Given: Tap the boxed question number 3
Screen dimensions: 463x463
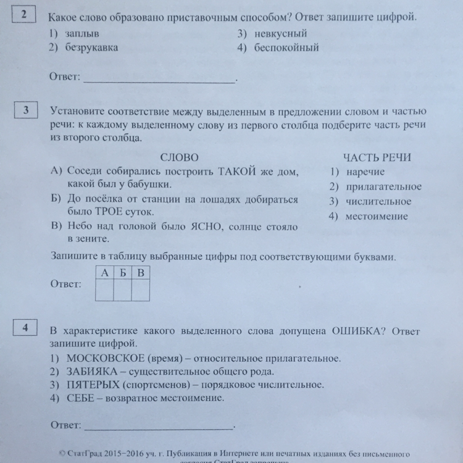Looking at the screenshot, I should tap(26, 112).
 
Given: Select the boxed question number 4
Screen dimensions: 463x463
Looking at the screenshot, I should tap(26, 328).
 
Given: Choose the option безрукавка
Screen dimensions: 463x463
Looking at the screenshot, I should tap(92, 47).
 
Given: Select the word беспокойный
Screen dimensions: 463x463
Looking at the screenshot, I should tap(286, 48).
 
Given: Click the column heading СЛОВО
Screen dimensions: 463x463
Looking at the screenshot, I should tap(179, 157).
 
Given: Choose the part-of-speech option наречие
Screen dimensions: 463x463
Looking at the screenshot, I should tap(365, 172).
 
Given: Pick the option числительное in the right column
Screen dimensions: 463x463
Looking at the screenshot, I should tap(378, 201).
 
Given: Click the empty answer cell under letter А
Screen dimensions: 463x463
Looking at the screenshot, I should tap(105, 289).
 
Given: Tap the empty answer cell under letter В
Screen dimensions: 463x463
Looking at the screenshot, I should tap(141, 289).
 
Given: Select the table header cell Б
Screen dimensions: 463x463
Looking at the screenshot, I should tap(123, 272).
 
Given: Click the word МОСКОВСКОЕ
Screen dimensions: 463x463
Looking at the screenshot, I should tap(107, 357).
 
